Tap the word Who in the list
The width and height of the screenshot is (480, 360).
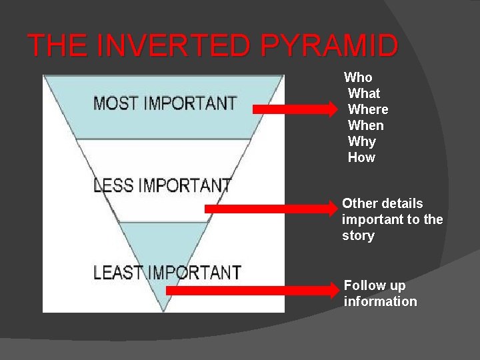(358, 77)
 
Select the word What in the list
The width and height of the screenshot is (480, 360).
(364, 93)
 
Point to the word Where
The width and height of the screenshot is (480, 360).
(368, 109)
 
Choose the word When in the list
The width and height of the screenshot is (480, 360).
(366, 125)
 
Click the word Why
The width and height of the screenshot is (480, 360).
(362, 141)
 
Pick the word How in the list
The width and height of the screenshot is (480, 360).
(361, 157)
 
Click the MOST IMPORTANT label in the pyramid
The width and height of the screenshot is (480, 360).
(165, 103)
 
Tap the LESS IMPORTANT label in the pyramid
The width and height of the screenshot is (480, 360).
(162, 185)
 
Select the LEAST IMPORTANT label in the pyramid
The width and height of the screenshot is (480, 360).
(167, 272)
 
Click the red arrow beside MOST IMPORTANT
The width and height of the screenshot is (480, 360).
(295, 109)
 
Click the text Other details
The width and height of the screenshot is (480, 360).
(383, 203)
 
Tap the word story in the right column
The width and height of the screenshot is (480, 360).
(358, 235)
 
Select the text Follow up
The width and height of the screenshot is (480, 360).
(375, 285)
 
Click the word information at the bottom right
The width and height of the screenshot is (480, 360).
(380, 301)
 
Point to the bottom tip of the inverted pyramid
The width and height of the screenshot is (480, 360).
(163, 310)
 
